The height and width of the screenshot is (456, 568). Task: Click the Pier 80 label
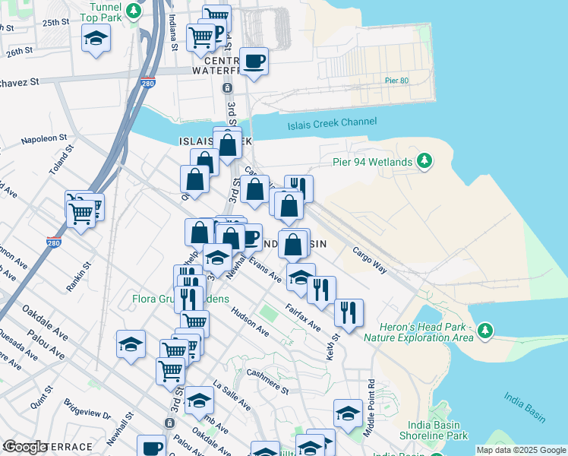coord(397,80)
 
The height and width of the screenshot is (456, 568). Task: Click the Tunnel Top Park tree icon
coord(134,11)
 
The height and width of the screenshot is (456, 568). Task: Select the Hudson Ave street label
coord(251,322)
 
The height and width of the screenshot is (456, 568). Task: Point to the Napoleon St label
coord(44,141)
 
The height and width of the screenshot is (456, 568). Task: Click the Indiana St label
coord(173,31)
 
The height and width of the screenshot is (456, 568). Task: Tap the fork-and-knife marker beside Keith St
coord(349,312)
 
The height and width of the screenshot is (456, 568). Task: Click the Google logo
coord(25,448)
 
